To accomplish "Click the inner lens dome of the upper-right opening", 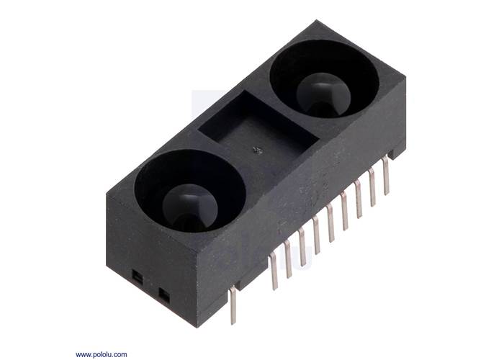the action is coord(323,94).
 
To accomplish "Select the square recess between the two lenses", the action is coord(258,127).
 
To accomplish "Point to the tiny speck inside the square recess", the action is coord(257,150).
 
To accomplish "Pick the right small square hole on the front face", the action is coord(163,295).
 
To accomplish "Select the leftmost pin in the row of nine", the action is coord(274,271).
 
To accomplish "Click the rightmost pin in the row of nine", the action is coord(386,176).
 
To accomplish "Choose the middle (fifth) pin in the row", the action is coord(330,224).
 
